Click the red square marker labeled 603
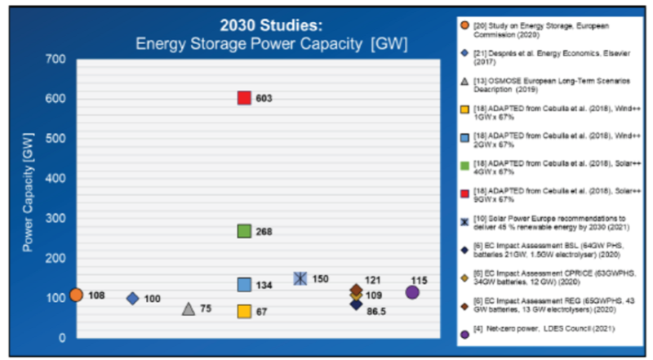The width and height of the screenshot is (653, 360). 243,98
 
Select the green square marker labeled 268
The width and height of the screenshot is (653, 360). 243,231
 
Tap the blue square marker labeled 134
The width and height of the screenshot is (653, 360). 243,284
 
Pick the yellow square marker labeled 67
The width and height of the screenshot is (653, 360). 243,311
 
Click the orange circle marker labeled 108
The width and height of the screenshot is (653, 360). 76,295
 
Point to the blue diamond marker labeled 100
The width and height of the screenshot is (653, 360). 132,298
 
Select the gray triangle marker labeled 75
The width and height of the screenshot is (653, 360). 188,309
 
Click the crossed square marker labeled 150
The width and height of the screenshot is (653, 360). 300,278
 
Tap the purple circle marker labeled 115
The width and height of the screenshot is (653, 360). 412,292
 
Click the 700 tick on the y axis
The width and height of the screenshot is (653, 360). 55,59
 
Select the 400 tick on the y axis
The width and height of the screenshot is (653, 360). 55,178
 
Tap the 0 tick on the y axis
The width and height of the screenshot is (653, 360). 60,337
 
